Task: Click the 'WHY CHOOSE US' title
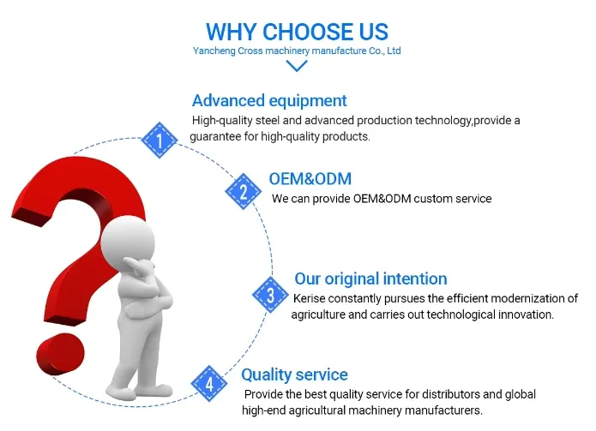coord(298,32)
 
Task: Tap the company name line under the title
coord(298,51)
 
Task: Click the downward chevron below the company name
coord(297,66)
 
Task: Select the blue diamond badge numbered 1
coord(159,139)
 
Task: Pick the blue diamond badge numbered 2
coord(243,191)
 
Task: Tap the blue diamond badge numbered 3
coord(270,296)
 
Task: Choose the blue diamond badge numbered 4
coord(208,382)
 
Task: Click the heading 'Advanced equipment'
coord(269,100)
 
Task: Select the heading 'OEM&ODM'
coord(310,179)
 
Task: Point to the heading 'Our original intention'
coord(370,278)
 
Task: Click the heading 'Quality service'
coord(294,374)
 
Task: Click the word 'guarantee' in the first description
coord(216,137)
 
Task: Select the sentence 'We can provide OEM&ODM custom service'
coord(382,199)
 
